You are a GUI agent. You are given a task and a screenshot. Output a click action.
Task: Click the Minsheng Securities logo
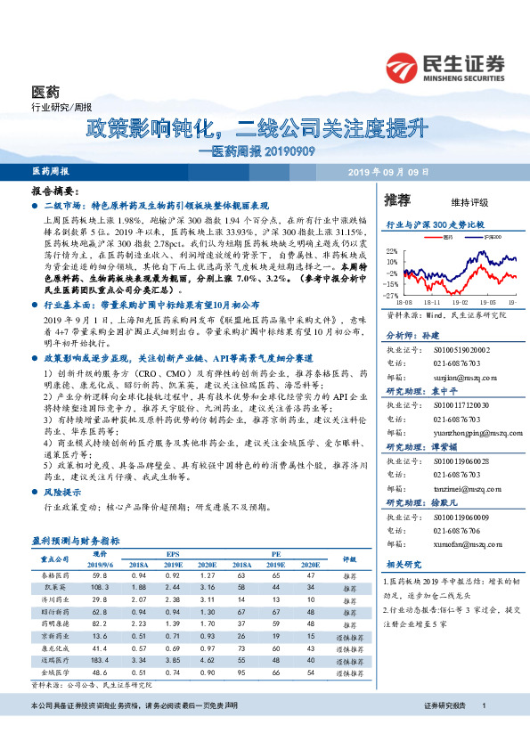444,67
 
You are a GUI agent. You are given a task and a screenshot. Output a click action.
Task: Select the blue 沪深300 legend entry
481,238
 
